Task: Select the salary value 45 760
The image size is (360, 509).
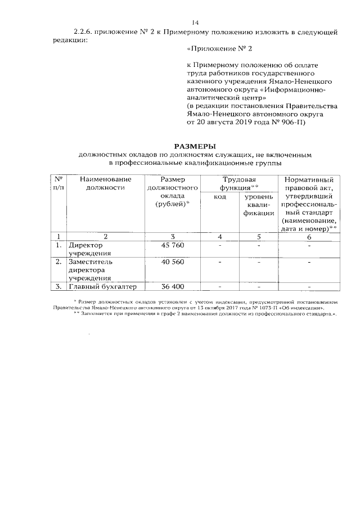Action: pyautogui.click(x=173, y=246)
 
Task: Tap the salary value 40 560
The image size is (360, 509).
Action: pyautogui.click(x=173, y=262)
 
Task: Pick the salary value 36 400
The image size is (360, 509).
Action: pyautogui.click(x=173, y=287)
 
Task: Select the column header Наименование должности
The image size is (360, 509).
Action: pyautogui.click(x=105, y=183)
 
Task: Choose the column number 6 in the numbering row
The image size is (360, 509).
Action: pyautogui.click(x=309, y=237)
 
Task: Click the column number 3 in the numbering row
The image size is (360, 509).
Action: pyautogui.click(x=173, y=237)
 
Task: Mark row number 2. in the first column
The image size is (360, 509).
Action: pyautogui.click(x=58, y=262)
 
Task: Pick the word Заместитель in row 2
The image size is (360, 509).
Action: pyautogui.click(x=91, y=262)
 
